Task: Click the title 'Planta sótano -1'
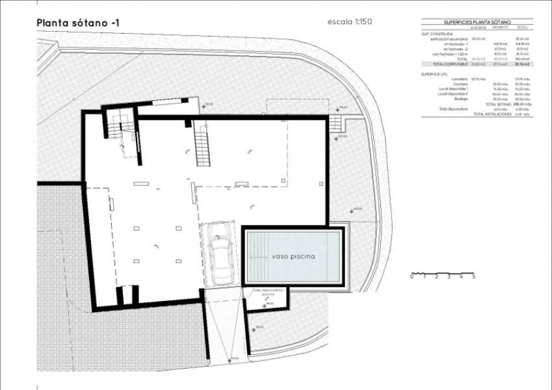(79, 23)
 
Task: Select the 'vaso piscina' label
(293, 257)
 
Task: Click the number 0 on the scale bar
(411, 277)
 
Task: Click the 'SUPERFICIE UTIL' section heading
(434, 74)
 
